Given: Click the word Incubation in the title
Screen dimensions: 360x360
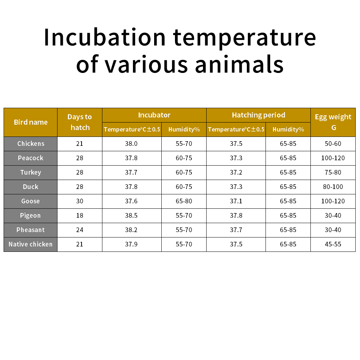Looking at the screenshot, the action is click(x=105, y=37).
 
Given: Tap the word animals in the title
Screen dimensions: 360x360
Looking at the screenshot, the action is click(x=239, y=65).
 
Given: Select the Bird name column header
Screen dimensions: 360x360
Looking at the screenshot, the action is click(x=31, y=122).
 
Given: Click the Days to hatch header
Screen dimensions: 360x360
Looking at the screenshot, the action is click(x=80, y=122).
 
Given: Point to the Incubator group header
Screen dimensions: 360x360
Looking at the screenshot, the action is click(x=154, y=115).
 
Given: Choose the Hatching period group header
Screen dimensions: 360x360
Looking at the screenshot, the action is click(x=259, y=115).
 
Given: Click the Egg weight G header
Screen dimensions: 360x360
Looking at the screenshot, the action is click(x=333, y=122).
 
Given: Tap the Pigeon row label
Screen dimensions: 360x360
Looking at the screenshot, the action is click(x=30, y=216).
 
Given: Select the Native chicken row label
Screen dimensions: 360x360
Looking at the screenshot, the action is click(x=31, y=244).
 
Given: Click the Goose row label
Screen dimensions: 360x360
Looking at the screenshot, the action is click(x=31, y=201).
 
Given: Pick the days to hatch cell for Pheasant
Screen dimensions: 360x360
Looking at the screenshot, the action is click(x=80, y=230).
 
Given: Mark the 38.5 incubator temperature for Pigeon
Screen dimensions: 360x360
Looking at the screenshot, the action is click(x=131, y=216).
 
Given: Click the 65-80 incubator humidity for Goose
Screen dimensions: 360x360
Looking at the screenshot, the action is click(x=184, y=201).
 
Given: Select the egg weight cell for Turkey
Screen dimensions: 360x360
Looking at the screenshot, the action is click(x=333, y=172).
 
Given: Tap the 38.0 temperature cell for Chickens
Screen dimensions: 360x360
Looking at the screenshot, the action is click(x=131, y=144).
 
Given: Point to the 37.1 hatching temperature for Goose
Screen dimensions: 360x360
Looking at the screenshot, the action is click(x=236, y=201).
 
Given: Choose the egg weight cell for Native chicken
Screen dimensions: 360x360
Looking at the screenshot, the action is click(x=333, y=244).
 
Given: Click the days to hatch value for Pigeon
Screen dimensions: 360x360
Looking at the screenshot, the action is click(x=80, y=216).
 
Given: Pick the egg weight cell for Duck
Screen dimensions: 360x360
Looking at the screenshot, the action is click(x=333, y=187).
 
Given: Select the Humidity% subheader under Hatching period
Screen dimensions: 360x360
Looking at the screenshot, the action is click(x=289, y=129).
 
